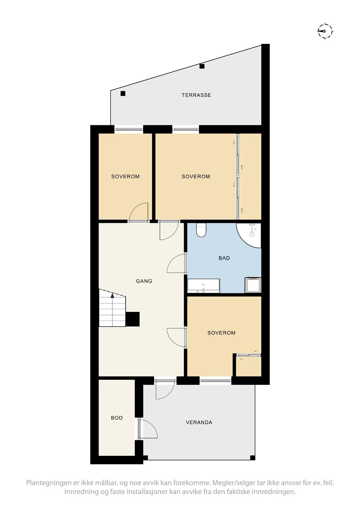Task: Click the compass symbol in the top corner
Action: coord(325,31)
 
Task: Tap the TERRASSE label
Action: coord(196,95)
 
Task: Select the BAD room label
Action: coord(224,258)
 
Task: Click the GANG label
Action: coord(144,281)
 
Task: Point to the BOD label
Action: coord(117,418)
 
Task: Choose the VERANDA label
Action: coord(199,422)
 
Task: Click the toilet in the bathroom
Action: coord(201,230)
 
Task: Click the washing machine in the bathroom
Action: coord(253,285)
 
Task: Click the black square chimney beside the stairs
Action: coord(133,319)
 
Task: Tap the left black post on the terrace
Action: coord(123,94)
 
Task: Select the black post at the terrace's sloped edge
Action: coord(202,66)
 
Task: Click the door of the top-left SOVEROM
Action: coord(139,212)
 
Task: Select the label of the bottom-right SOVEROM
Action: coord(221,333)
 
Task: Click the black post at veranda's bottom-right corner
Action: coord(253,458)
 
